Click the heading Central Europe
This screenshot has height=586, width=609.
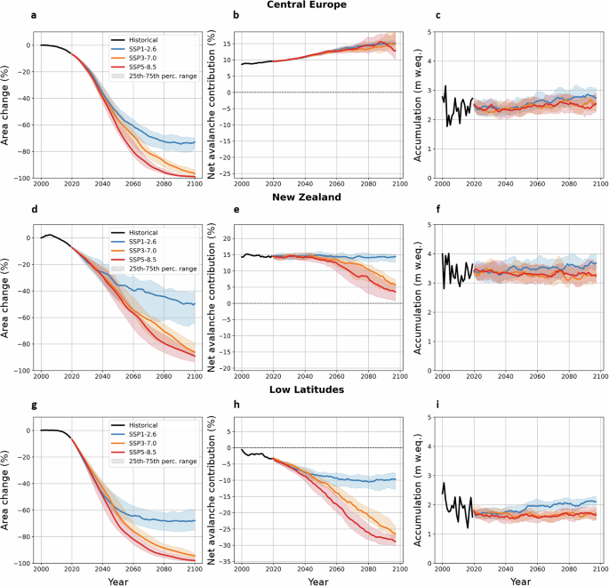pyautogui.click(x=304, y=5)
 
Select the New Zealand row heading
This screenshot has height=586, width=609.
pyautogui.click(x=304, y=197)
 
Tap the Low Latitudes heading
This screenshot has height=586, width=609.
pyautogui.click(x=304, y=389)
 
